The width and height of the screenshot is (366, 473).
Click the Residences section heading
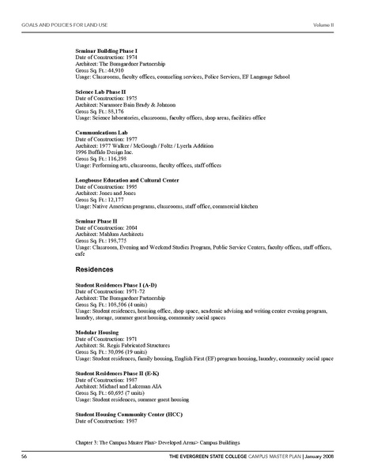coord(93,269)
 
